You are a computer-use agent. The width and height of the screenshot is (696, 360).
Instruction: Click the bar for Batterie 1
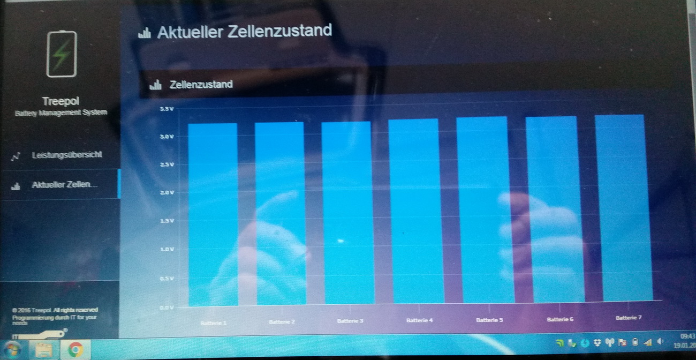(x=213, y=214)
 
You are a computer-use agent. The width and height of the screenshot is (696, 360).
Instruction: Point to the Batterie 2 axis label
(x=282, y=322)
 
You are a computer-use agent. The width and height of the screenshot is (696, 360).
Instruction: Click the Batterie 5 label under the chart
(x=489, y=320)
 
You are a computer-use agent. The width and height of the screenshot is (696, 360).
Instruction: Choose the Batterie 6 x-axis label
(x=560, y=319)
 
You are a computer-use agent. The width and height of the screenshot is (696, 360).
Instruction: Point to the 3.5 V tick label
(x=167, y=109)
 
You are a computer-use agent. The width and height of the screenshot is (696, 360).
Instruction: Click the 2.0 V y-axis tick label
(x=168, y=192)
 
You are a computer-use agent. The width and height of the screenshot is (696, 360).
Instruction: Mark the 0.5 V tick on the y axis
(x=168, y=279)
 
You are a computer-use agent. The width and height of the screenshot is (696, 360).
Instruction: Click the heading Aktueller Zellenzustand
(x=244, y=31)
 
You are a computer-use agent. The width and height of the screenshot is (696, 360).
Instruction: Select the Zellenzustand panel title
(x=201, y=84)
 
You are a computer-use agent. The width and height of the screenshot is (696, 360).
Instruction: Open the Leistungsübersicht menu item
(x=66, y=155)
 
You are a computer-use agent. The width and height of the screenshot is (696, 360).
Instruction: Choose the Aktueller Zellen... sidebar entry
(x=64, y=185)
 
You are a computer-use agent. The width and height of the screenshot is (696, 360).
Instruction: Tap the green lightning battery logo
(x=62, y=54)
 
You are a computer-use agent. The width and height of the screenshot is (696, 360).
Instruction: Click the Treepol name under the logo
(x=60, y=101)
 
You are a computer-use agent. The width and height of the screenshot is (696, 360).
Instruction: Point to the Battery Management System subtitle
(x=60, y=112)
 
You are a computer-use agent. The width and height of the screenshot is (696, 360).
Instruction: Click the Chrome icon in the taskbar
(x=75, y=350)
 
